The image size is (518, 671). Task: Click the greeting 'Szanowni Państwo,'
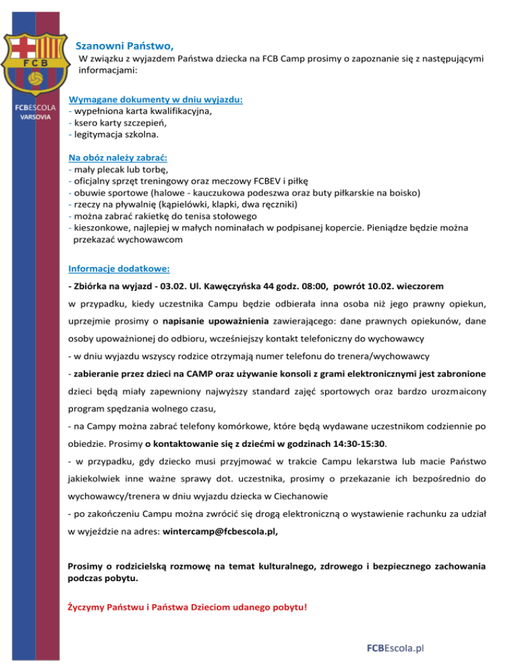point(125,47)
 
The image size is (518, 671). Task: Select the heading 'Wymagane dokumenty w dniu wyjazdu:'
point(156,99)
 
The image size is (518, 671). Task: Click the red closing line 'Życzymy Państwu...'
point(188,606)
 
